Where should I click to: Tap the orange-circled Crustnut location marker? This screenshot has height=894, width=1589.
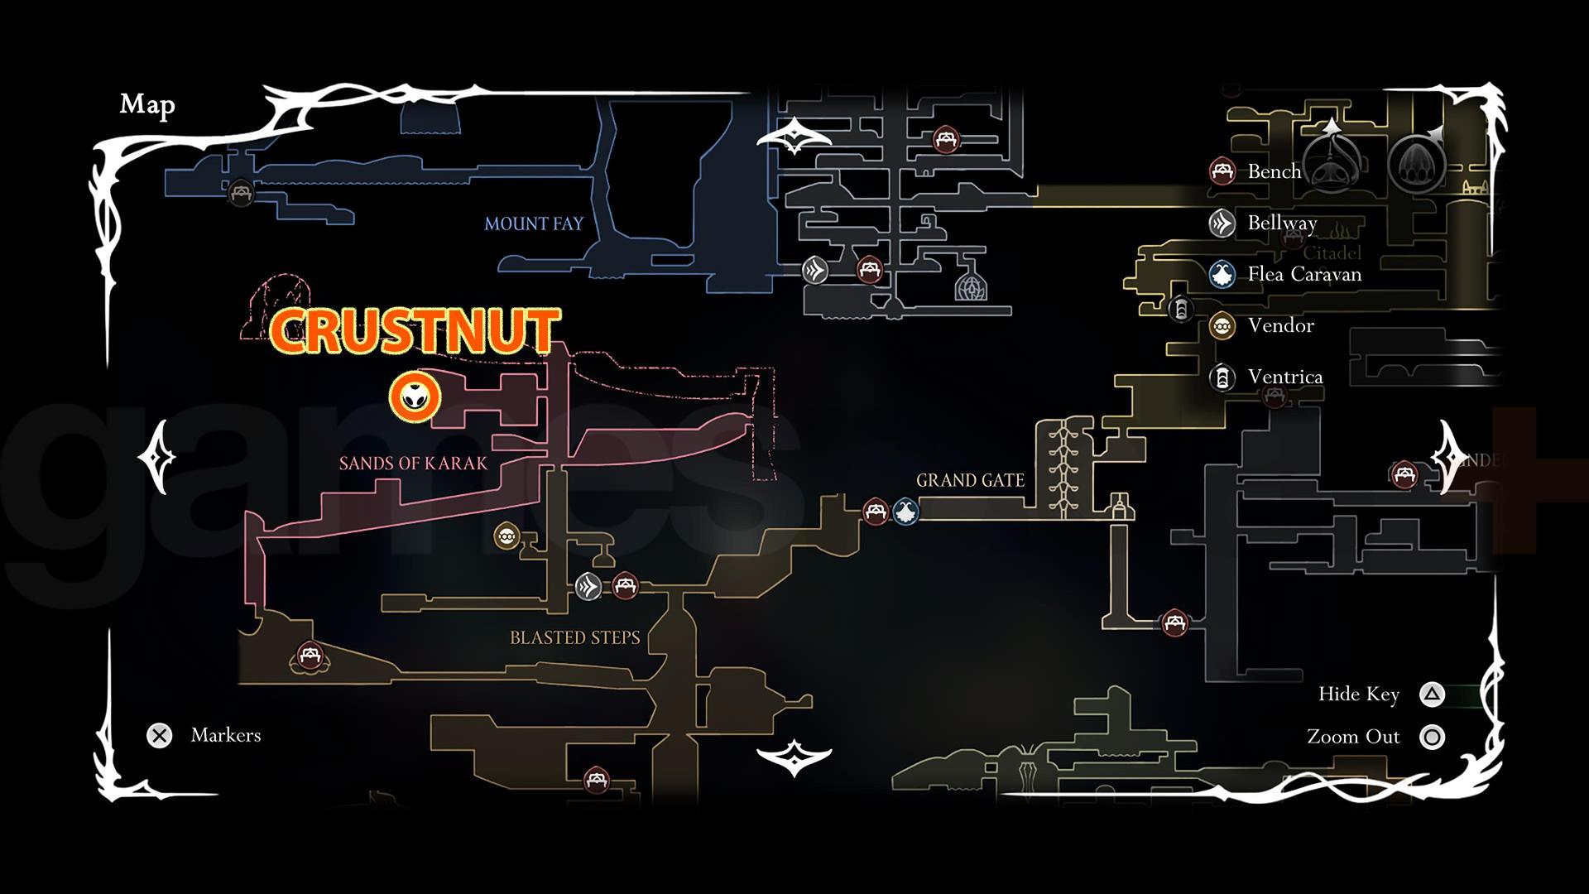415,398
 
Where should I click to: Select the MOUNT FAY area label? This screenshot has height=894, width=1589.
534,223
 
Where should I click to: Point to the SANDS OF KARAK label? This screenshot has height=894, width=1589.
413,464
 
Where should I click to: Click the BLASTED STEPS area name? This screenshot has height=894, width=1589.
575,637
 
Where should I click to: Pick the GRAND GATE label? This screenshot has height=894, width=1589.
970,480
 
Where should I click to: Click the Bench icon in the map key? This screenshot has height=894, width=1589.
1222,171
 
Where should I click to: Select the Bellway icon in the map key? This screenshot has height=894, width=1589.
1222,223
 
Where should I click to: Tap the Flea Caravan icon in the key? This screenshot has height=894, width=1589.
1222,274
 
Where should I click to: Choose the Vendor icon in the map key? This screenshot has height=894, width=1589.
1222,325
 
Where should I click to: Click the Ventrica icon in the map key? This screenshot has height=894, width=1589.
1222,377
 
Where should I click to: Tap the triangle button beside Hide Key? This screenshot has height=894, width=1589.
1432,695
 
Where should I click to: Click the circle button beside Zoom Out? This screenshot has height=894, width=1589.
1432,737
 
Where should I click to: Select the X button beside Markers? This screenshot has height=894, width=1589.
160,735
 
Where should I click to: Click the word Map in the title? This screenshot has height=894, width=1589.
147,104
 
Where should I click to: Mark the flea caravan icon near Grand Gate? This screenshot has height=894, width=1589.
905,512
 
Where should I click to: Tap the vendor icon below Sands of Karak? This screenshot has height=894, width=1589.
506,536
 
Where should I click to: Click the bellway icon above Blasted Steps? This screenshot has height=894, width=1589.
588,587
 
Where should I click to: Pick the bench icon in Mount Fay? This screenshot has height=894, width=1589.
241,193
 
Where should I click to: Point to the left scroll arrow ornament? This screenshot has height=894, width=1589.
157,457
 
